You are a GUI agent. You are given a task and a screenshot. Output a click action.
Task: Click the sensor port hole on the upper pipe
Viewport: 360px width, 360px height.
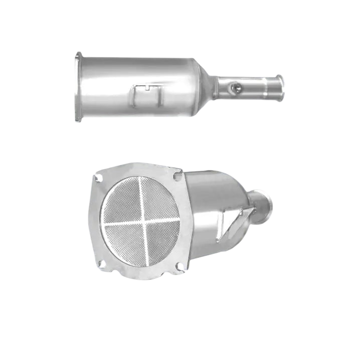[234, 88]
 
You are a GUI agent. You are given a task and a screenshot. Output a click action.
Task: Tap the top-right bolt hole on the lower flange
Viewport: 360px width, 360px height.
[177, 175]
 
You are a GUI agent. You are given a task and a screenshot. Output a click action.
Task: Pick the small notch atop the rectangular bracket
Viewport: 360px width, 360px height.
[148, 87]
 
